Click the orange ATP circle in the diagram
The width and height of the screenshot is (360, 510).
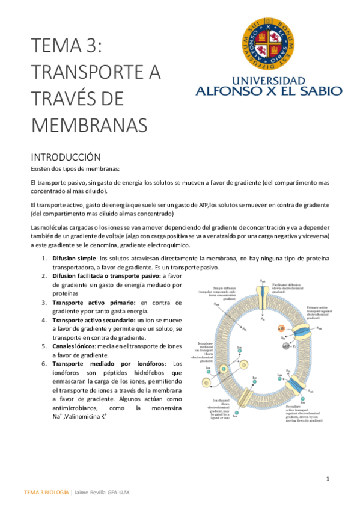point(282,329)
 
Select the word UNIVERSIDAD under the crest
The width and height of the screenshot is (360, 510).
point(269,81)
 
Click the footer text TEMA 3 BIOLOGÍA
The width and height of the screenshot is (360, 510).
point(46,492)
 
